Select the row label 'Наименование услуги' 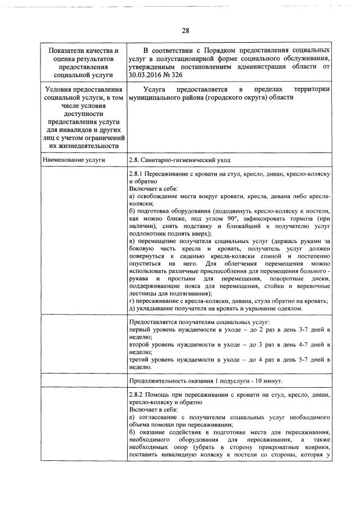coord(74,160)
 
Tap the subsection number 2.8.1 coord(138,174)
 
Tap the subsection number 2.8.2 coord(138,396)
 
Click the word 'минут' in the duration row coord(270,381)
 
